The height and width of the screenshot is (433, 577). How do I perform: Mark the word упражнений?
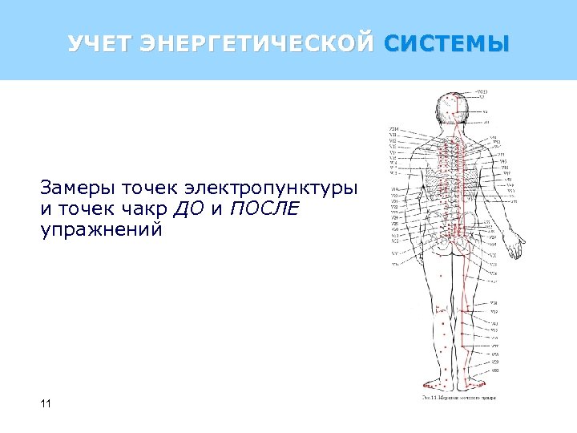101,230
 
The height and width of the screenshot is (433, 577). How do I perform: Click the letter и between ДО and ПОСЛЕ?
217,210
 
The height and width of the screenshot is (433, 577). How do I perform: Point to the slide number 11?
45,403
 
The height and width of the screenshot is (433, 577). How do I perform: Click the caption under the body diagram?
459,397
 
